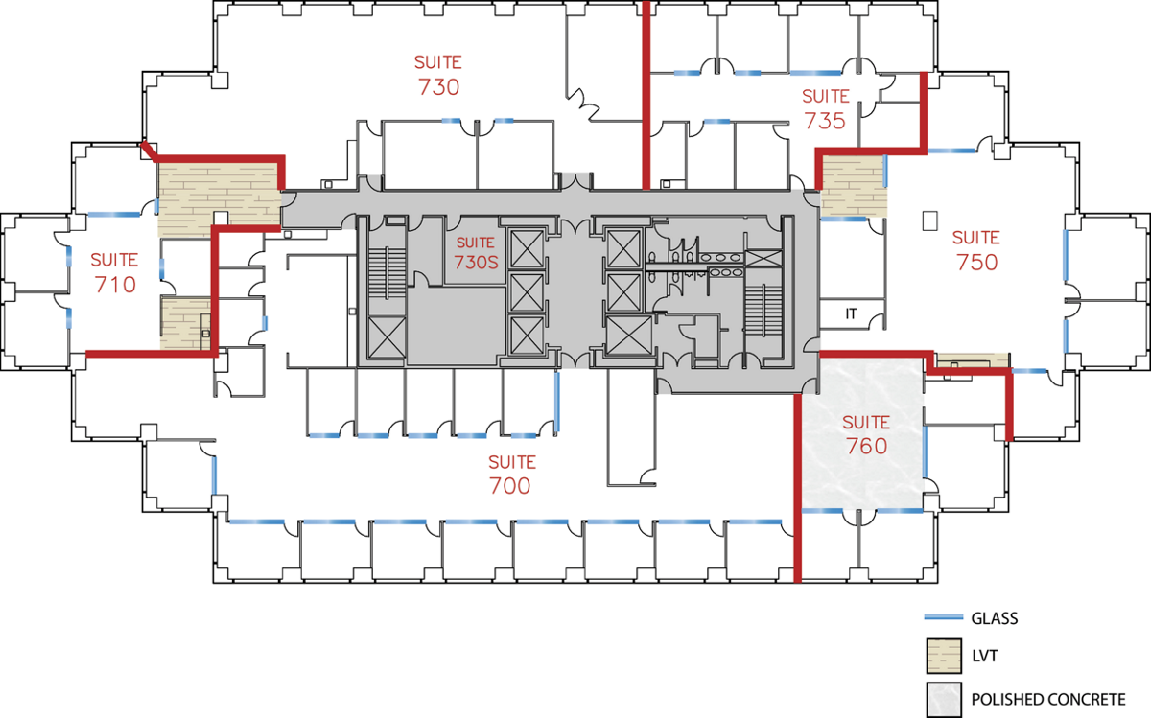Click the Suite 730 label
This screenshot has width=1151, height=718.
click(438, 76)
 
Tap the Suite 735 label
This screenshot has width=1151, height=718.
click(825, 109)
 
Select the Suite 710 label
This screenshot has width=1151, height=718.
click(114, 273)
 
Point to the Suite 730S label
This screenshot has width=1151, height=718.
click(476, 253)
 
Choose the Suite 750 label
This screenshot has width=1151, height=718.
click(976, 250)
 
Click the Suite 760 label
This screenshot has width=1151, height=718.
click(866, 435)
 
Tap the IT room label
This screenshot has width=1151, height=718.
click(851, 313)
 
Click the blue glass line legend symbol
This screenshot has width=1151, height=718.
click(944, 616)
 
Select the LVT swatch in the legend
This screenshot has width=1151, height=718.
click(944, 656)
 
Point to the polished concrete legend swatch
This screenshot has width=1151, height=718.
click(944, 700)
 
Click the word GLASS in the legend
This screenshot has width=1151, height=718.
click(995, 618)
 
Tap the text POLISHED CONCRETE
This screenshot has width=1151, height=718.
click(1048, 700)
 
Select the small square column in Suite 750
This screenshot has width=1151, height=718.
click(930, 220)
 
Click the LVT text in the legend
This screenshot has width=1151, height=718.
click(984, 656)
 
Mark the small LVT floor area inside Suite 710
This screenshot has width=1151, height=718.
click(185, 324)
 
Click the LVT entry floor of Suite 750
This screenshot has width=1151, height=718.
click(853, 186)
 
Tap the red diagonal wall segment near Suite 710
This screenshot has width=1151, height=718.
click(149, 151)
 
